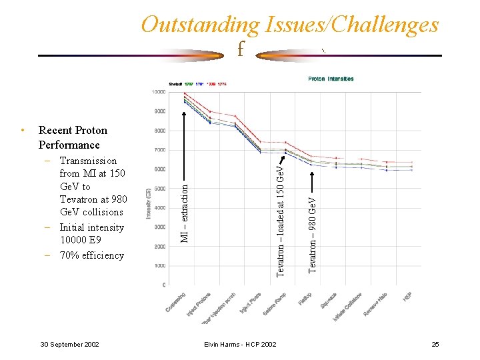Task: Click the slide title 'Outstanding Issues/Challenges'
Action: pos(290,25)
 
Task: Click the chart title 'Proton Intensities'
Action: pos(331,79)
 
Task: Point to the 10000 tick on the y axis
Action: pos(159,92)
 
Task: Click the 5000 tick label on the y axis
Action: pos(160,189)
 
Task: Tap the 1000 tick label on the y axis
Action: pos(160,265)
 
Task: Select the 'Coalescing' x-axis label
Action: pos(176,303)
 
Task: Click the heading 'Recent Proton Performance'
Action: pos(72,137)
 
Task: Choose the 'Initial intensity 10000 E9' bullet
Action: pos(91,234)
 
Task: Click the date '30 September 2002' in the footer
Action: pos(70,344)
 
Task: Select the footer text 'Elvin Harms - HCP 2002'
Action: pos(240,344)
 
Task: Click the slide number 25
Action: pos(435,344)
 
